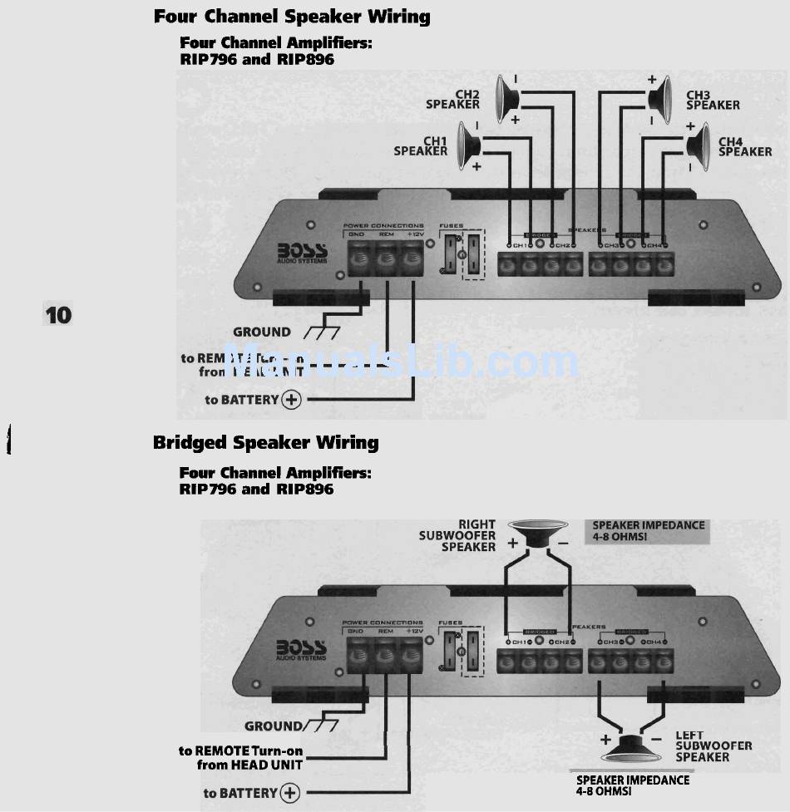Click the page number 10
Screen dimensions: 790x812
click(58, 315)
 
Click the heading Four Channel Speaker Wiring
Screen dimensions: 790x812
click(292, 17)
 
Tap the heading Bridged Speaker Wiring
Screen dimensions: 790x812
click(265, 443)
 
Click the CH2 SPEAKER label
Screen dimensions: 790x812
click(453, 100)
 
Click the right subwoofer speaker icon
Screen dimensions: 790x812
click(539, 532)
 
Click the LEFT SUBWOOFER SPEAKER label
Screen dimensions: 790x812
click(713, 746)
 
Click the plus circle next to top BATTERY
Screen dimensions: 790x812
click(292, 400)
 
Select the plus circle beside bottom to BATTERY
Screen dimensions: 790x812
click(290, 793)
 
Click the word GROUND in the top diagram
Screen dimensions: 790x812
click(261, 332)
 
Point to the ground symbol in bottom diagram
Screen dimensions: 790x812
click(319, 726)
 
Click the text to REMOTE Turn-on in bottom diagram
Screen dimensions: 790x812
click(241, 750)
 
